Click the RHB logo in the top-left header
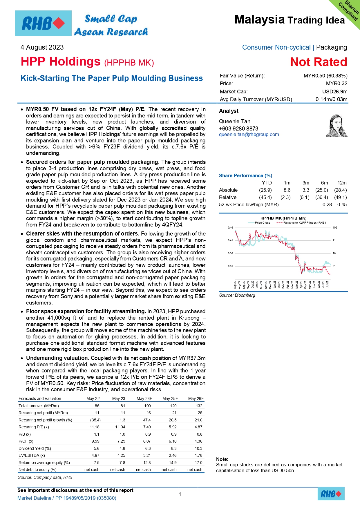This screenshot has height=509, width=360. tap(43, 23)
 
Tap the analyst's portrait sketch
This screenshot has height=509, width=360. tap(337, 126)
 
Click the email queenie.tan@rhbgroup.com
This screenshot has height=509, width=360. tap(249, 135)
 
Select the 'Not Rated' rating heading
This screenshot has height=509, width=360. tap(319, 62)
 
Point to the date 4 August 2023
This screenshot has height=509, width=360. tap(42, 47)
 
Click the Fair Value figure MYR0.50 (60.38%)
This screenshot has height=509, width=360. tap(325, 76)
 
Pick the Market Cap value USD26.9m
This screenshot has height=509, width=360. tap(335, 92)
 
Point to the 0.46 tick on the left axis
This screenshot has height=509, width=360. tap(230, 228)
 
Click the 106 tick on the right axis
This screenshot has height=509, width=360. tap(335, 228)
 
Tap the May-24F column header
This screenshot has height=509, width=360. tap(144, 398)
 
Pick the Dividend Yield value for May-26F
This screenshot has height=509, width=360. tap(198, 448)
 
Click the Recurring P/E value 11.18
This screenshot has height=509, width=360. tap(95, 427)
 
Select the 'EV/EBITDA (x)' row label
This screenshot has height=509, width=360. tap(32, 455)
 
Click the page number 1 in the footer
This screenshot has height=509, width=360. tap(180, 494)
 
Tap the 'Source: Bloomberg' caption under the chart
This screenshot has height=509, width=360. tap(237, 295)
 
